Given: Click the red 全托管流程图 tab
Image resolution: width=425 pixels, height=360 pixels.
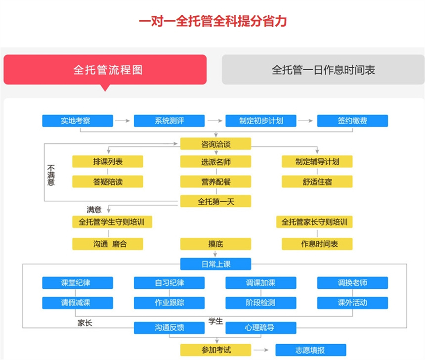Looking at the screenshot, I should (x=105, y=69).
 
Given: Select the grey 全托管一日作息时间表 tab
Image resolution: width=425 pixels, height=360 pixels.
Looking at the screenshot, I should (x=323, y=69).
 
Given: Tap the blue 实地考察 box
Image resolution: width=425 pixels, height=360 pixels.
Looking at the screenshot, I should (x=78, y=121).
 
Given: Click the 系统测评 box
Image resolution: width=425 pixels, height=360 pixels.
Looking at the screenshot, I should (x=169, y=121).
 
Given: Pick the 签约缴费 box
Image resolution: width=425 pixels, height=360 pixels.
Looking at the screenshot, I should (x=352, y=121).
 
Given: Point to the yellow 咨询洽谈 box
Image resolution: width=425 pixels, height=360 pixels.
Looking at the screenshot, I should (x=215, y=144).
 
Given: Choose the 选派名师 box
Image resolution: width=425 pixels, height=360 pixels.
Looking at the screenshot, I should (x=215, y=162).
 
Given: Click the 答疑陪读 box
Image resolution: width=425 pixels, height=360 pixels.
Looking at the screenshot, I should (x=108, y=181).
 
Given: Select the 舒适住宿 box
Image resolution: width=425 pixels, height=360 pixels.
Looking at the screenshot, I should (x=317, y=181).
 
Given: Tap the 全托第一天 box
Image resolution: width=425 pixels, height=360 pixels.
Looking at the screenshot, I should (x=215, y=201).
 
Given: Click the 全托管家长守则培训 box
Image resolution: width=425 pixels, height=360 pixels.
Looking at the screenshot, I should (x=314, y=222).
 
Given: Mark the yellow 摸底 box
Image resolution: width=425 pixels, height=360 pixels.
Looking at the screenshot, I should (x=215, y=244).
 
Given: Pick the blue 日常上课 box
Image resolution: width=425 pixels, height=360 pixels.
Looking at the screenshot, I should (x=215, y=264).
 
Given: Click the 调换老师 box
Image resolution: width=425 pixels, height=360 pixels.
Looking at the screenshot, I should (x=352, y=283).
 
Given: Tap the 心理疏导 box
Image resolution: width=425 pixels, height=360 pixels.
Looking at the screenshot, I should (x=261, y=327).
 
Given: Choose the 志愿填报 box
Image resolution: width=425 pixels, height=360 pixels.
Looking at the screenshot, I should (x=310, y=350).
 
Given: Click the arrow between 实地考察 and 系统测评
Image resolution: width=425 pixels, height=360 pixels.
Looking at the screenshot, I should (x=123, y=121).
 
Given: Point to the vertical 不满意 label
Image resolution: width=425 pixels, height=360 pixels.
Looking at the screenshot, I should (x=51, y=175).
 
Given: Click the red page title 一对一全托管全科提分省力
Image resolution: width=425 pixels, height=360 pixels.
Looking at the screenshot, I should (x=212, y=22).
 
